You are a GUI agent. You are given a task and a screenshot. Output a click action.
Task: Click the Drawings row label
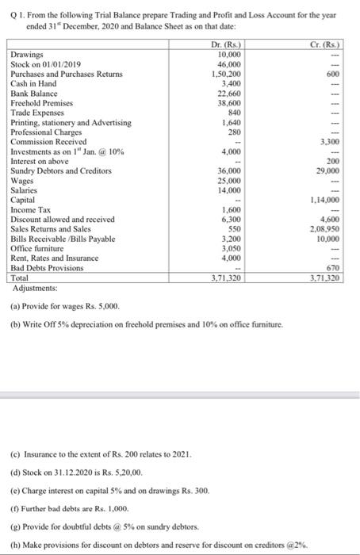(x=26, y=55)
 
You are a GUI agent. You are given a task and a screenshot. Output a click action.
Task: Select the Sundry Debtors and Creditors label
(x=61, y=170)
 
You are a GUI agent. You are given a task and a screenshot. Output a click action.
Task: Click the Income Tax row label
(x=31, y=209)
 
